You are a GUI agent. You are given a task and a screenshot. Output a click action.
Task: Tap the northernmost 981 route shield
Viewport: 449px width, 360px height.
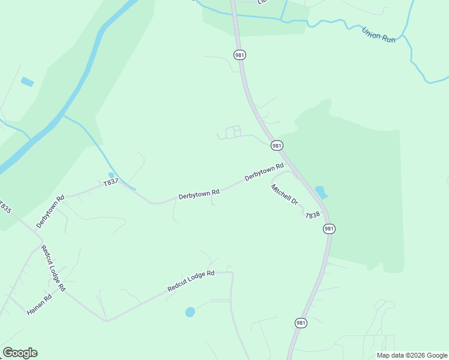(240, 55)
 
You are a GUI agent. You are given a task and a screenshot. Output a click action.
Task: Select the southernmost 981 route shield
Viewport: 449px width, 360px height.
(301, 323)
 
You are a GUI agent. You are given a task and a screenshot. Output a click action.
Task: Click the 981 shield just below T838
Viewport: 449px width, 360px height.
(329, 229)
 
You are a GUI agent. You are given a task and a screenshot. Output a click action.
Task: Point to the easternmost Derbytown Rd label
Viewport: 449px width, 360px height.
(264, 173)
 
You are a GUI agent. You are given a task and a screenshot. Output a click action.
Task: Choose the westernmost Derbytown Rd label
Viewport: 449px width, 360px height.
(50, 211)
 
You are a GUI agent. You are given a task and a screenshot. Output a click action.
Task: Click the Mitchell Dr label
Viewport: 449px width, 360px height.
(285, 194)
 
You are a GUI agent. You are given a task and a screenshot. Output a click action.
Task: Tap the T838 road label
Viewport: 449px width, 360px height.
(312, 215)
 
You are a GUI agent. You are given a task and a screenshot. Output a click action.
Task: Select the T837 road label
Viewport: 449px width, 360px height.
(110, 182)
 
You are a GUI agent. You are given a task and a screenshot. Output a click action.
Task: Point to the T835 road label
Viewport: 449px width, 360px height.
(5, 208)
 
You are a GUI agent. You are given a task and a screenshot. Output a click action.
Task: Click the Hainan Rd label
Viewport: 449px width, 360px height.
(40, 304)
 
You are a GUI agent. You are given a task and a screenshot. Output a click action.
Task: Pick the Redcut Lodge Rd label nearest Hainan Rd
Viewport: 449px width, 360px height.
(53, 268)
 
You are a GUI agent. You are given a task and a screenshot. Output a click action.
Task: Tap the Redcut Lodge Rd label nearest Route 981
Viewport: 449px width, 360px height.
(191, 281)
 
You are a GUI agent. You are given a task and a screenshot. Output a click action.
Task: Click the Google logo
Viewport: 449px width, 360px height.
(20, 353)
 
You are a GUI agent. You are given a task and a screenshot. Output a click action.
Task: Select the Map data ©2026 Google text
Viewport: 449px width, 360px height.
(412, 355)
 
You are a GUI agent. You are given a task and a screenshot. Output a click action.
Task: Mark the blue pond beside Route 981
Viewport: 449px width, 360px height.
(321, 192)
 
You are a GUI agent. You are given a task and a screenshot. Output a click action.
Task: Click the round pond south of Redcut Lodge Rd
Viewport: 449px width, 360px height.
(190, 312)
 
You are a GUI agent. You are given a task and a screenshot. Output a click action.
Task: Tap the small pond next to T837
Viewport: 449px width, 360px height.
(111, 175)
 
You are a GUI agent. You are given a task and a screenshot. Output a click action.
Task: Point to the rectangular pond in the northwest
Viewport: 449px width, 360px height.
(27, 82)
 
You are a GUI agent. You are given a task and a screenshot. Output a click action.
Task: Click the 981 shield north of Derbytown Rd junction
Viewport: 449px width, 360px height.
(276, 145)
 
